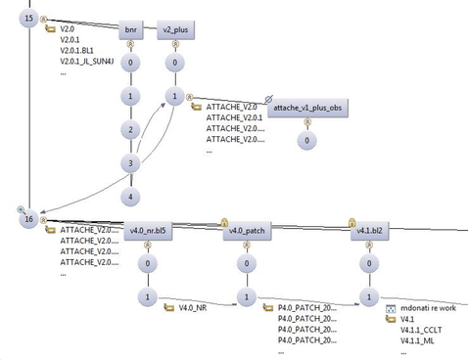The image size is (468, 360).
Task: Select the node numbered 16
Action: tap(30, 220)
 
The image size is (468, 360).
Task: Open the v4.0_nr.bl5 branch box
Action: tap(148, 231)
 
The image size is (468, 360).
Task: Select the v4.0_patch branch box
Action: tap(246, 231)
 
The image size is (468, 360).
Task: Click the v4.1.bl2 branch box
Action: tap(368, 231)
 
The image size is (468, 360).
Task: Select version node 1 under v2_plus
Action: tap(174, 97)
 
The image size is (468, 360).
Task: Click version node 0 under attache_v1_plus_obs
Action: tap(308, 141)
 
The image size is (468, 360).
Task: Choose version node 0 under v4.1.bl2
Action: tap(368, 264)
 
